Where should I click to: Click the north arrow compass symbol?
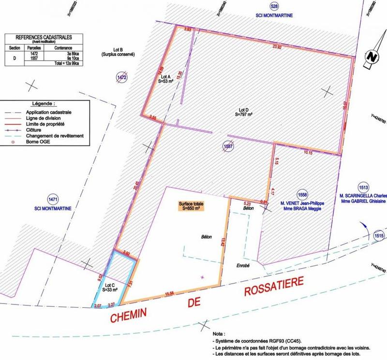pos(372,56)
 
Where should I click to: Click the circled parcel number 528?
pos(261,6)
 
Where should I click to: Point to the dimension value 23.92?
pos(277,47)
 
